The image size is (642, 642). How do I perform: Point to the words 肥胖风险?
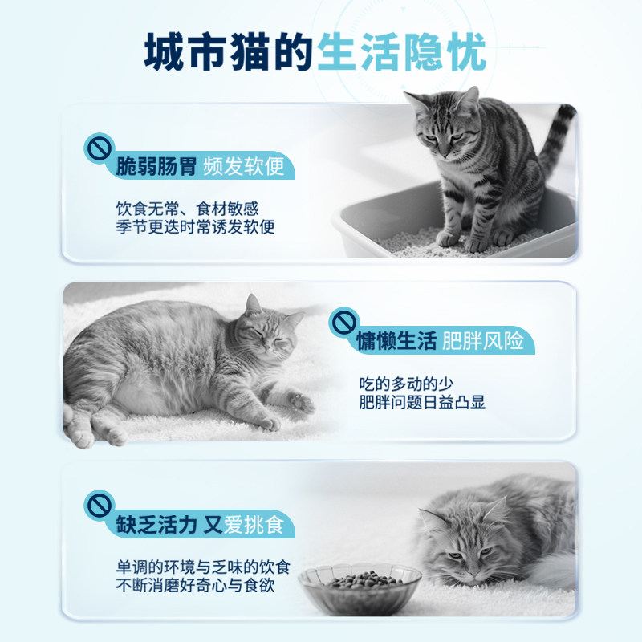tap(483, 341)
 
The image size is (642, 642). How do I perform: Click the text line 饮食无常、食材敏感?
tap(187, 208)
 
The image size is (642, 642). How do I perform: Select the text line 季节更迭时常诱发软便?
tap(195, 226)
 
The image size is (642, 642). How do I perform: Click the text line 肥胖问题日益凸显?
tap(422, 401)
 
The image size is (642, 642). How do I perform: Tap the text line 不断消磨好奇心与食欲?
tap(195, 587)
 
